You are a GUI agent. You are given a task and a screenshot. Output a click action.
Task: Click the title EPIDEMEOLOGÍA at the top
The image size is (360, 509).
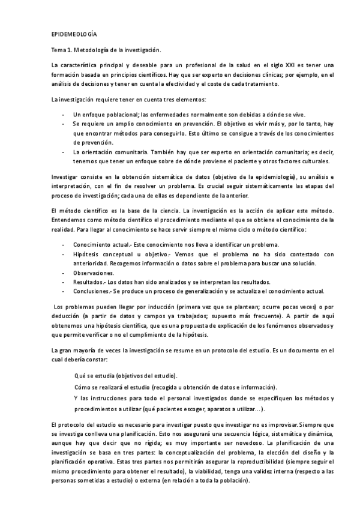tap(74, 35)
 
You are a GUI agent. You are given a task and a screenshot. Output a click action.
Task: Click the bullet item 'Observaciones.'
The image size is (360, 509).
tap(93, 273)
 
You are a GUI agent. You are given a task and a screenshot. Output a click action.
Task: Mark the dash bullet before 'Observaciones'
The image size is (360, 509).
tap(64, 273)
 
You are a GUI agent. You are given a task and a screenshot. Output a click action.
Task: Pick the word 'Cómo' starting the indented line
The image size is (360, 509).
tap(83, 387)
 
